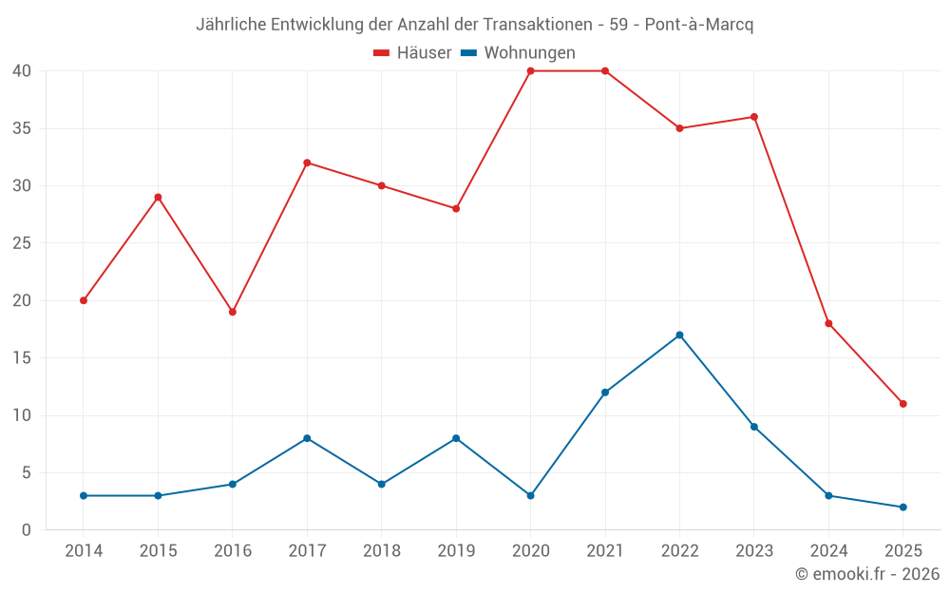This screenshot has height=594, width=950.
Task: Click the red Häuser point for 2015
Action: pyautogui.click(x=158, y=197)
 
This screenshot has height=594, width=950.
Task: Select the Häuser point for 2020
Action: pyautogui.click(x=530, y=70)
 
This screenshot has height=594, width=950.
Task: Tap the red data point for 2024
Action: pyautogui.click(x=828, y=323)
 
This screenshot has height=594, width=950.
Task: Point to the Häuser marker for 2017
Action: pyautogui.click(x=307, y=163)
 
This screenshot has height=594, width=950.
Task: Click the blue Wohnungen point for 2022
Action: pyautogui.click(x=679, y=335)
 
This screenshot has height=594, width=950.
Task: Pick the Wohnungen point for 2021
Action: pyautogui.click(x=605, y=393)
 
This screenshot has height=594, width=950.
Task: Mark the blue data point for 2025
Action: pyautogui.click(x=902, y=507)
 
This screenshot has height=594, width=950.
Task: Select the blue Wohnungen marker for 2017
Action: pyautogui.click(x=307, y=438)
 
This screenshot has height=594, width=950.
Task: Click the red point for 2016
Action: pyautogui.click(x=233, y=312)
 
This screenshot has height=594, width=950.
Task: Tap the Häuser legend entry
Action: pyautogui.click(x=412, y=53)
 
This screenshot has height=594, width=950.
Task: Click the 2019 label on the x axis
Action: pyautogui.click(x=456, y=551)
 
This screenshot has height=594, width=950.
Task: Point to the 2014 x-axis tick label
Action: pyautogui.click(x=84, y=551)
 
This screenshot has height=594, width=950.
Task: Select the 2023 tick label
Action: pyautogui.click(x=753, y=551)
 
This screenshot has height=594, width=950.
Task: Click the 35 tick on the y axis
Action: pyautogui.click(x=23, y=128)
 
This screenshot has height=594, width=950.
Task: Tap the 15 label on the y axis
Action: pyautogui.click(x=23, y=358)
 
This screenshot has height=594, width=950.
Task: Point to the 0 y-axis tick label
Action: pyautogui.click(x=28, y=530)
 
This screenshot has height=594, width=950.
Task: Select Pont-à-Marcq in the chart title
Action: pyautogui.click(x=698, y=25)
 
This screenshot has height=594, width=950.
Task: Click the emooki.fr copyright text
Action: pyautogui.click(x=867, y=574)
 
